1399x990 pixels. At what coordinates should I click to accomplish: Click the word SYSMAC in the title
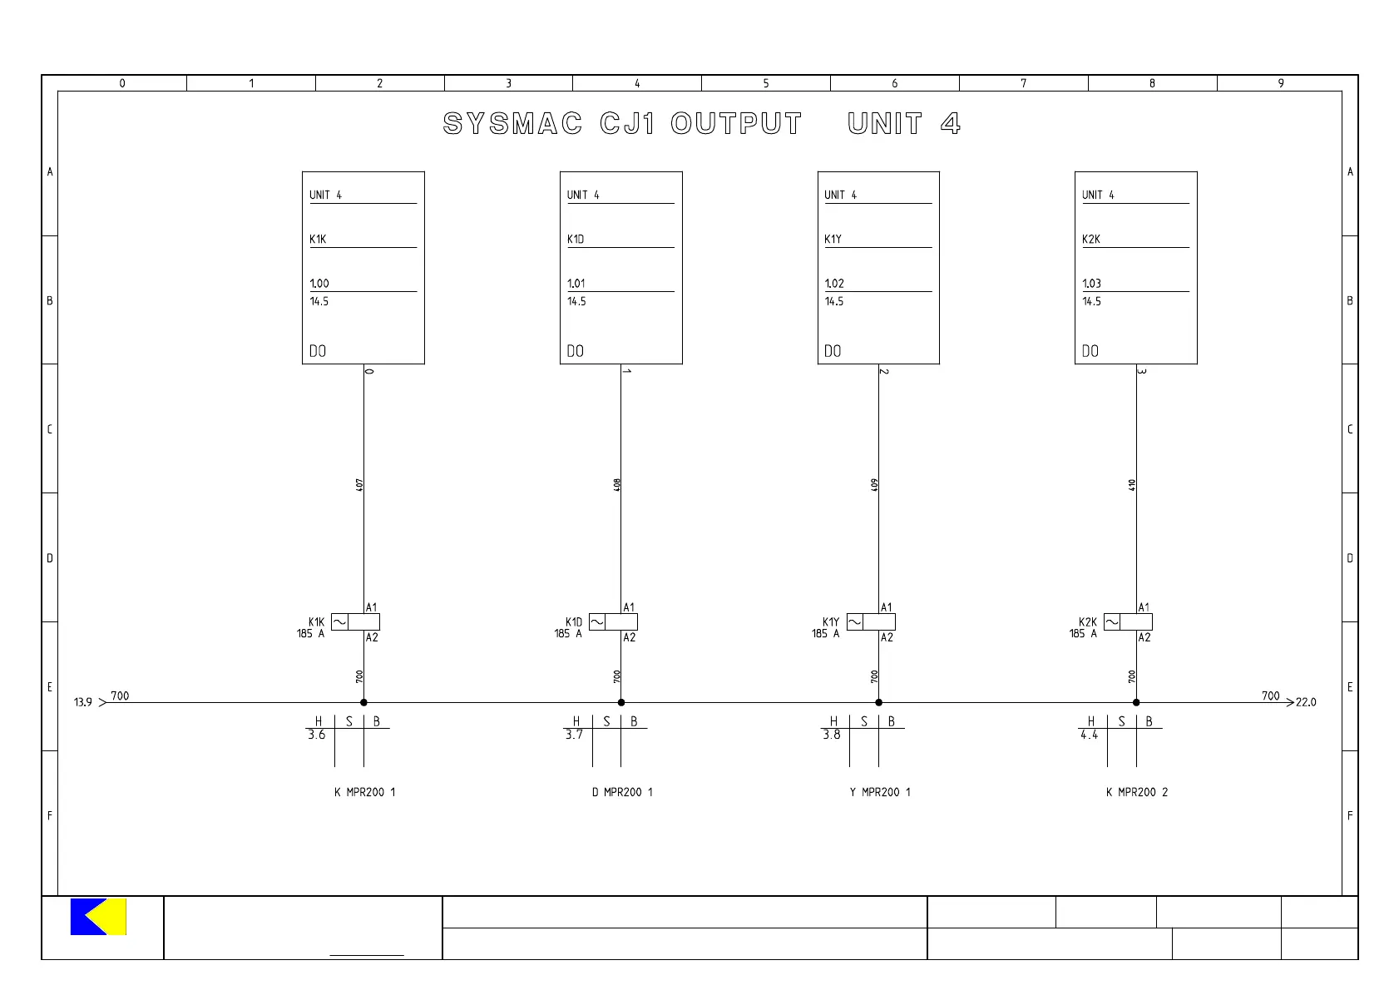512,124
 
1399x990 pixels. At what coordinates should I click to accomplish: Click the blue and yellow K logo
98,916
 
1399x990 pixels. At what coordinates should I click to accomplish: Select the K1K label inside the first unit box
318,240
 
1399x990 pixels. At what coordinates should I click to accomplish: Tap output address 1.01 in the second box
576,284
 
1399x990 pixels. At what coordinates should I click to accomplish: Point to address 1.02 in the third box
834,284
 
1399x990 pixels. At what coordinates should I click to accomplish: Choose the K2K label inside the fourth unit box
1091,240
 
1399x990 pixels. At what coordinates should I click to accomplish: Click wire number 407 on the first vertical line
359,484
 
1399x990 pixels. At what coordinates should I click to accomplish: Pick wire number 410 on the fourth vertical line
1132,484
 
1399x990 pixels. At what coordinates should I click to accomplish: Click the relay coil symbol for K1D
613,622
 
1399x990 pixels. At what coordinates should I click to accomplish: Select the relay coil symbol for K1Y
871,622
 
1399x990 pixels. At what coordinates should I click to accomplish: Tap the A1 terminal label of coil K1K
372,607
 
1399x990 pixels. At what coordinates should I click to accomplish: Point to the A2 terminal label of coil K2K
1144,637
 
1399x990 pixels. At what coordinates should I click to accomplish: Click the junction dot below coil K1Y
878,702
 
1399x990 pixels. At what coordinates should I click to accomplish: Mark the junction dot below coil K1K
363,702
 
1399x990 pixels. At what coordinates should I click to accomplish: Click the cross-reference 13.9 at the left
83,702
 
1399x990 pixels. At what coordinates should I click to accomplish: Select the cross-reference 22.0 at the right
1306,702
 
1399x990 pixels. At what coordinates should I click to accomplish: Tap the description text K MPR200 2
1137,792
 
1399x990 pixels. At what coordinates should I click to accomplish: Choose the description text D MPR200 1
622,792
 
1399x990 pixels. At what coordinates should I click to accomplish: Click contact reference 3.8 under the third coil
832,735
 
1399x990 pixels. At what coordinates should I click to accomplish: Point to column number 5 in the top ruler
766,83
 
